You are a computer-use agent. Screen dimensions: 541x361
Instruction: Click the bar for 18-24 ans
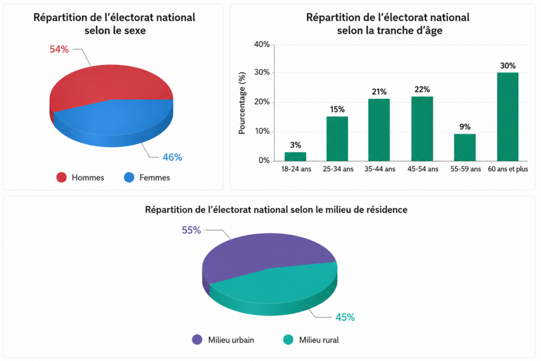295,156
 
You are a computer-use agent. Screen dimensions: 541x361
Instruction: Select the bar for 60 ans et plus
508,117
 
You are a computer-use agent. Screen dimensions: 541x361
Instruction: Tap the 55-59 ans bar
465,147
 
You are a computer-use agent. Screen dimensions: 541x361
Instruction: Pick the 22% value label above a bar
422,90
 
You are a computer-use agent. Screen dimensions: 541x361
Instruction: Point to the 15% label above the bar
337,109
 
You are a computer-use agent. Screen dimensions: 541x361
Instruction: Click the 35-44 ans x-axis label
380,169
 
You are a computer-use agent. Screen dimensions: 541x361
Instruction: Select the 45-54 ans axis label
423,169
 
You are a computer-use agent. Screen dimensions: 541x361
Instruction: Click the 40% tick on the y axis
262,44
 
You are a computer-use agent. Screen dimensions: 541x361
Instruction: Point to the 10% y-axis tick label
262,131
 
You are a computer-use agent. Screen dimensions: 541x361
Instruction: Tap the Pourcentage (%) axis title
242,103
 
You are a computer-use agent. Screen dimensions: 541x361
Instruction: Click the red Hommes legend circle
61,178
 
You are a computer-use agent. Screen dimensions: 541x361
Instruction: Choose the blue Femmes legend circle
129,178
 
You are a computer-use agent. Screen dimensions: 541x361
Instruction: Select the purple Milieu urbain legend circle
197,340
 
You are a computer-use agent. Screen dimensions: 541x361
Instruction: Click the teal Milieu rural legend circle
288,340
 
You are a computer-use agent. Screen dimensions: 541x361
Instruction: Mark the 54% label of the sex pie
59,49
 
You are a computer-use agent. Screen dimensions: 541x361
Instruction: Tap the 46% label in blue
172,158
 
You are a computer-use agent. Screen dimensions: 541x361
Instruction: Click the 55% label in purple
191,230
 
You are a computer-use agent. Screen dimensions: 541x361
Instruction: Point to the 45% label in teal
345,317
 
